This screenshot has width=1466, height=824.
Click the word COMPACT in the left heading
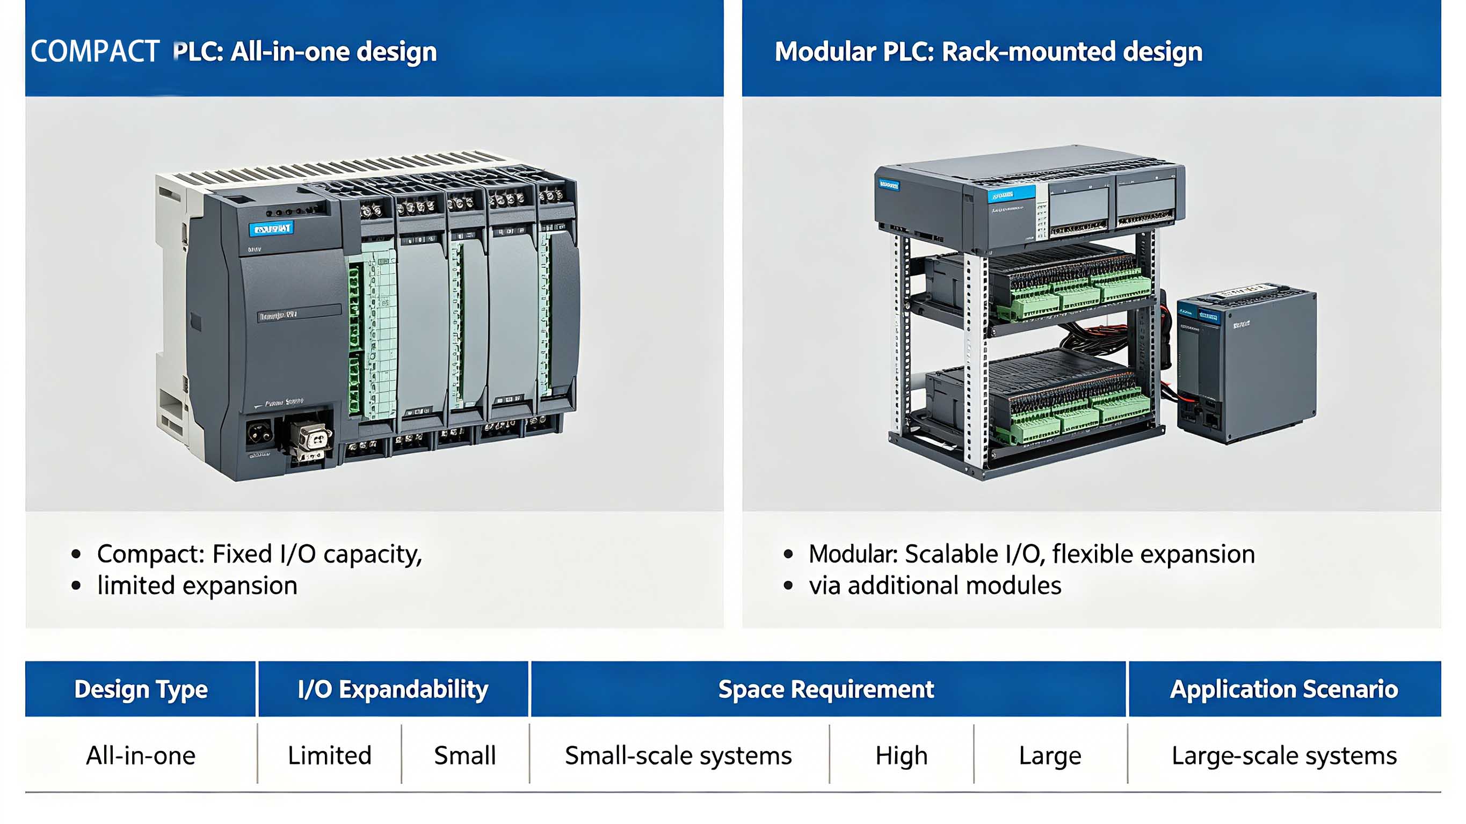click(x=95, y=52)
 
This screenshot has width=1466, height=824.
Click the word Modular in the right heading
click(x=825, y=52)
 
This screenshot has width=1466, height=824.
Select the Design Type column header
click(x=141, y=689)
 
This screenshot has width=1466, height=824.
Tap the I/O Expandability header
click(x=393, y=689)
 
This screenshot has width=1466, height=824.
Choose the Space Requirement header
click(x=826, y=689)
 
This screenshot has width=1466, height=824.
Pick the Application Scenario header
click(x=1284, y=689)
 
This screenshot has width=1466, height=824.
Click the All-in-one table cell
click(x=141, y=756)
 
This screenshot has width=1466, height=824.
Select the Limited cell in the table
click(x=330, y=756)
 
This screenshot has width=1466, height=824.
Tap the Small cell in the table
click(x=465, y=756)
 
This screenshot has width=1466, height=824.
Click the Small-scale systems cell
click(x=678, y=756)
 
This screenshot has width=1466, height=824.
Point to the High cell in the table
click(x=902, y=756)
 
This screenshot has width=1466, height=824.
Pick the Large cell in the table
click(x=1050, y=756)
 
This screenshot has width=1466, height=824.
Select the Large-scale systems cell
click(x=1284, y=756)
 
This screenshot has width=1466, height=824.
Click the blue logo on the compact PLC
click(x=271, y=229)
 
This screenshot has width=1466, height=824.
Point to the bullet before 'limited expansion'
click(x=76, y=586)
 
